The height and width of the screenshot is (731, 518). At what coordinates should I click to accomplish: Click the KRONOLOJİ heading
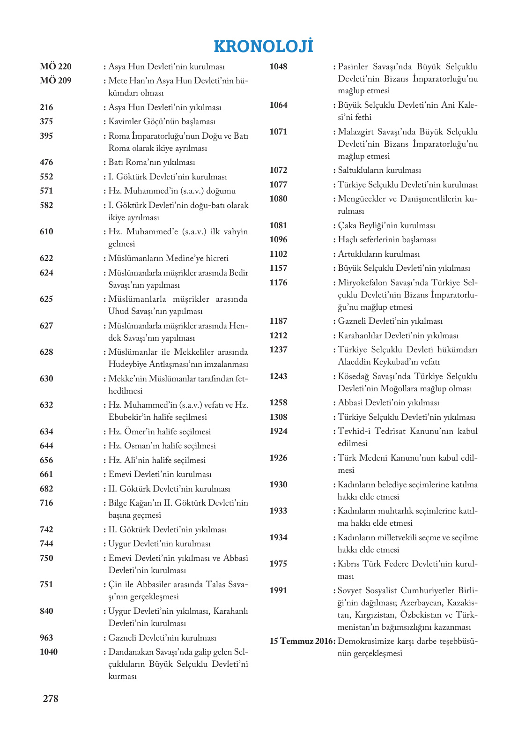[x=263, y=46]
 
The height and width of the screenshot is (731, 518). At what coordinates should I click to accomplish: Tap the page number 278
[x=51, y=698]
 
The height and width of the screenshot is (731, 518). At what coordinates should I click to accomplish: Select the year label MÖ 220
[x=56, y=67]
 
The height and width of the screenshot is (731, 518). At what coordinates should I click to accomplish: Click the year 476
[x=46, y=162]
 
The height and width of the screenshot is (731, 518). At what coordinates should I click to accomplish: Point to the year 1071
[x=278, y=132]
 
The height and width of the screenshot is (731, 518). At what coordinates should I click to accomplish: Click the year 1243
[x=278, y=376]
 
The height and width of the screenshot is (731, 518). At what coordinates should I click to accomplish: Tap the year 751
[x=46, y=584]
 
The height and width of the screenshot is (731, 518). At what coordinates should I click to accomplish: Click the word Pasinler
[x=353, y=67]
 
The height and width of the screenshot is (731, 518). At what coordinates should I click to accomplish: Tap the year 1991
[x=278, y=590]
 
